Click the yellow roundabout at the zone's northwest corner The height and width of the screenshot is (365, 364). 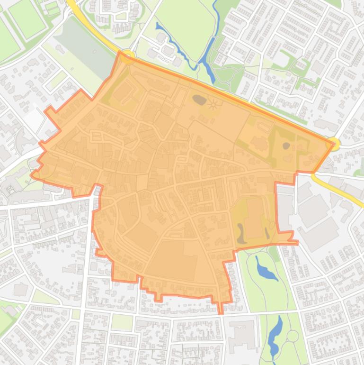tap(127, 55)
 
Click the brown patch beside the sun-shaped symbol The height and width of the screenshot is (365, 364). tap(199, 100)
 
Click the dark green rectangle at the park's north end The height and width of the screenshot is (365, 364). tap(274, 254)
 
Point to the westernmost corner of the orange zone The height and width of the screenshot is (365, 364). tap(32, 175)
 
